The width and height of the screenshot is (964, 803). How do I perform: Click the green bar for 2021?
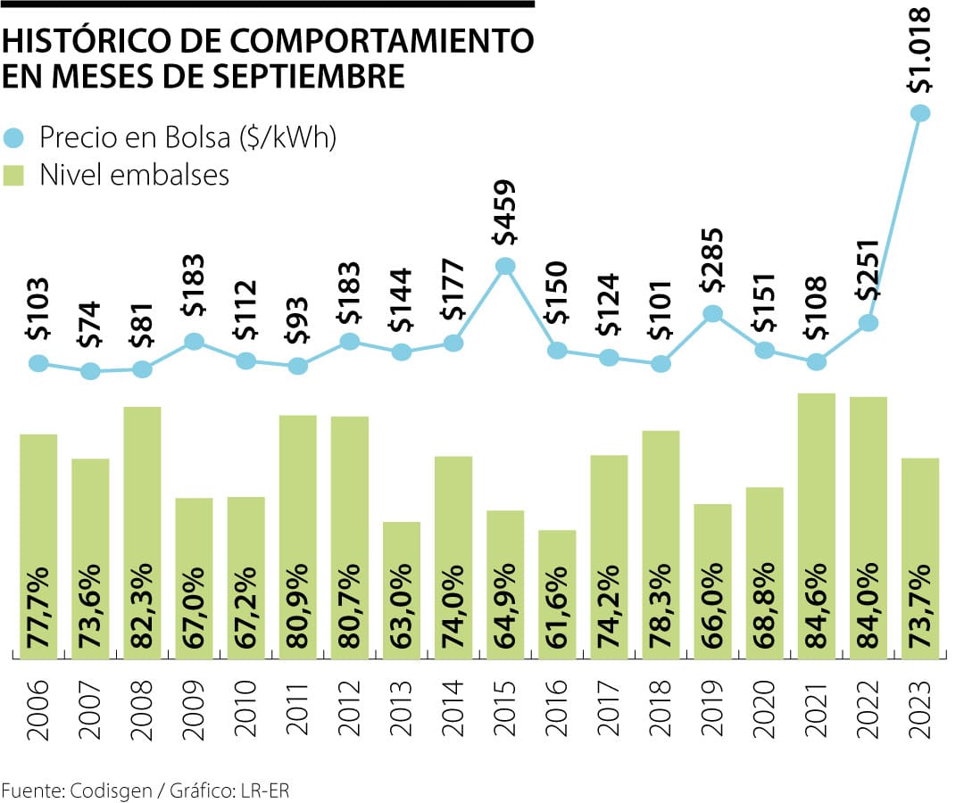[x=816, y=526]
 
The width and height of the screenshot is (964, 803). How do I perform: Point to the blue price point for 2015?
[x=505, y=266]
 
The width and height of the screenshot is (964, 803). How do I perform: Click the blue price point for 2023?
[x=920, y=112]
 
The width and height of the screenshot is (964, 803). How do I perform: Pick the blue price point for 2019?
[x=712, y=313]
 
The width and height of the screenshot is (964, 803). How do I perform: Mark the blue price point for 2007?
[x=90, y=371]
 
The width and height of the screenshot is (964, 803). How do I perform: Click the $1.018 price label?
[x=920, y=51]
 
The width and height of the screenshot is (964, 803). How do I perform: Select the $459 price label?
[x=505, y=214]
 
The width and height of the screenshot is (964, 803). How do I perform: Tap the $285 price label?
[x=712, y=263]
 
